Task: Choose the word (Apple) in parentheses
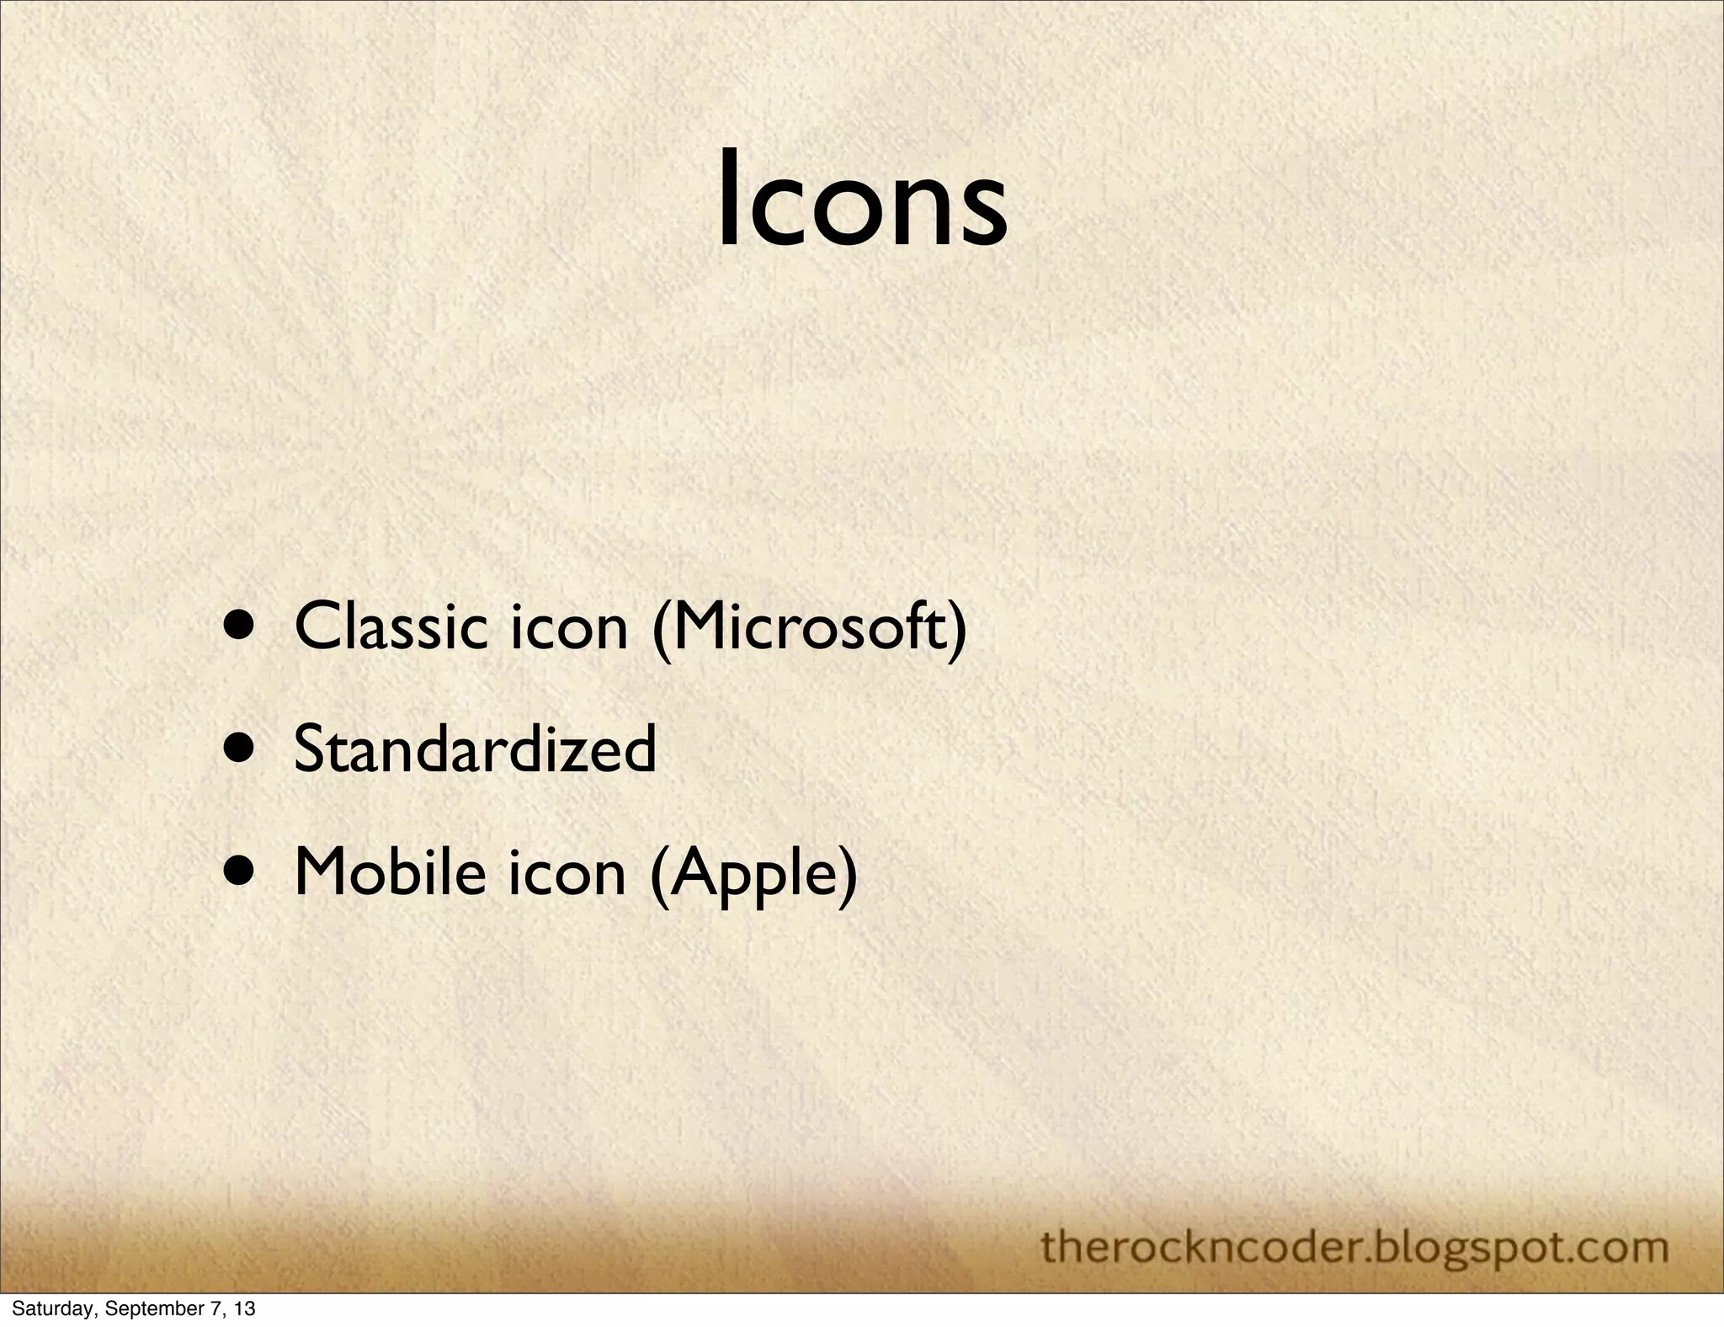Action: click(754, 876)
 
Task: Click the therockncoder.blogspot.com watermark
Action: click(1354, 1246)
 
